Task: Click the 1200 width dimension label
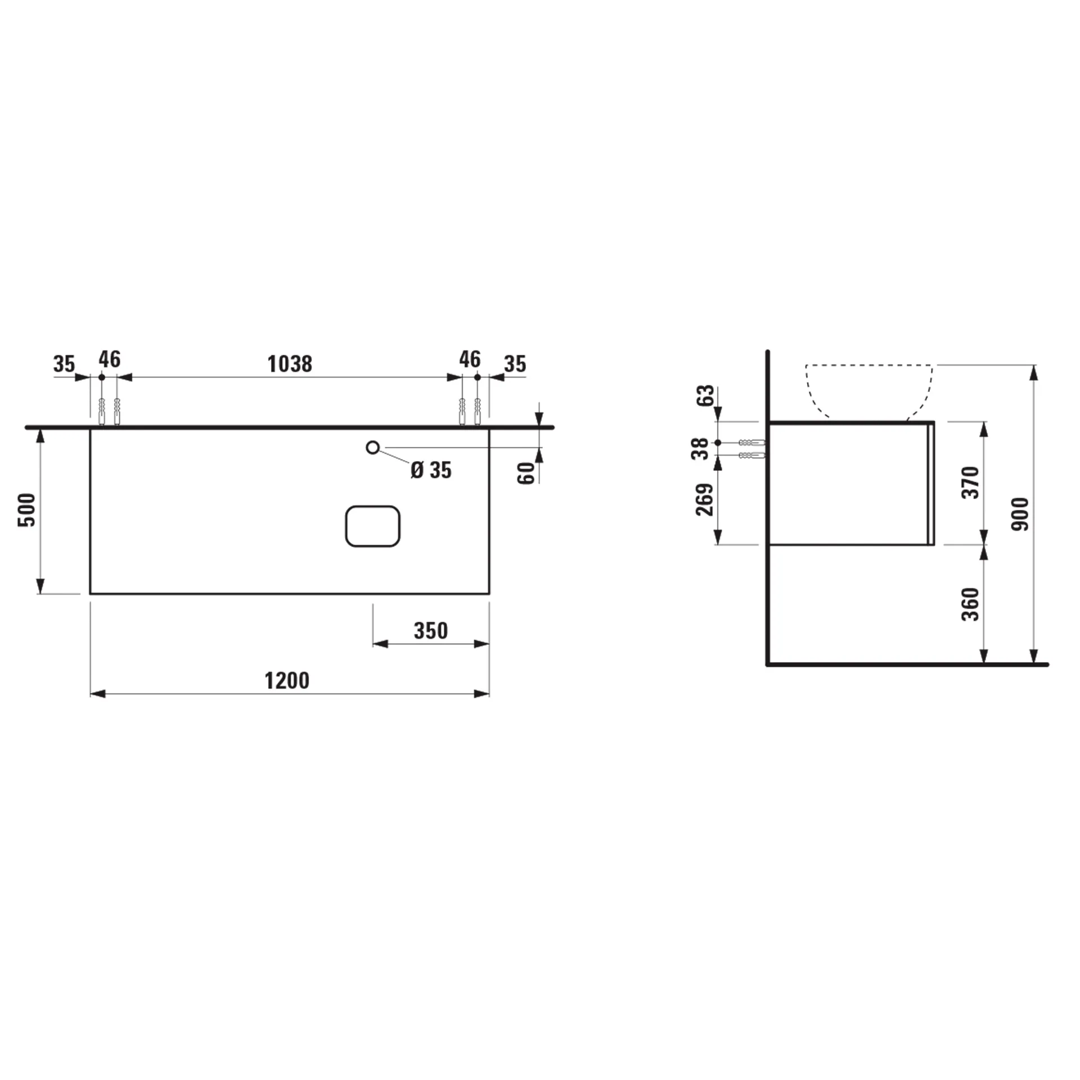pos(287,681)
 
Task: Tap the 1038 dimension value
pos(290,364)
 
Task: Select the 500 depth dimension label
pos(27,510)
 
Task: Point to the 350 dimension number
pos(431,631)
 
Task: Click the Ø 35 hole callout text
pos(431,470)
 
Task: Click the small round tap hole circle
pos(372,448)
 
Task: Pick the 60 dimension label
pos(526,473)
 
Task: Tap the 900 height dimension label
pos(1020,514)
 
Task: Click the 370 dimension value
pos(971,482)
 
